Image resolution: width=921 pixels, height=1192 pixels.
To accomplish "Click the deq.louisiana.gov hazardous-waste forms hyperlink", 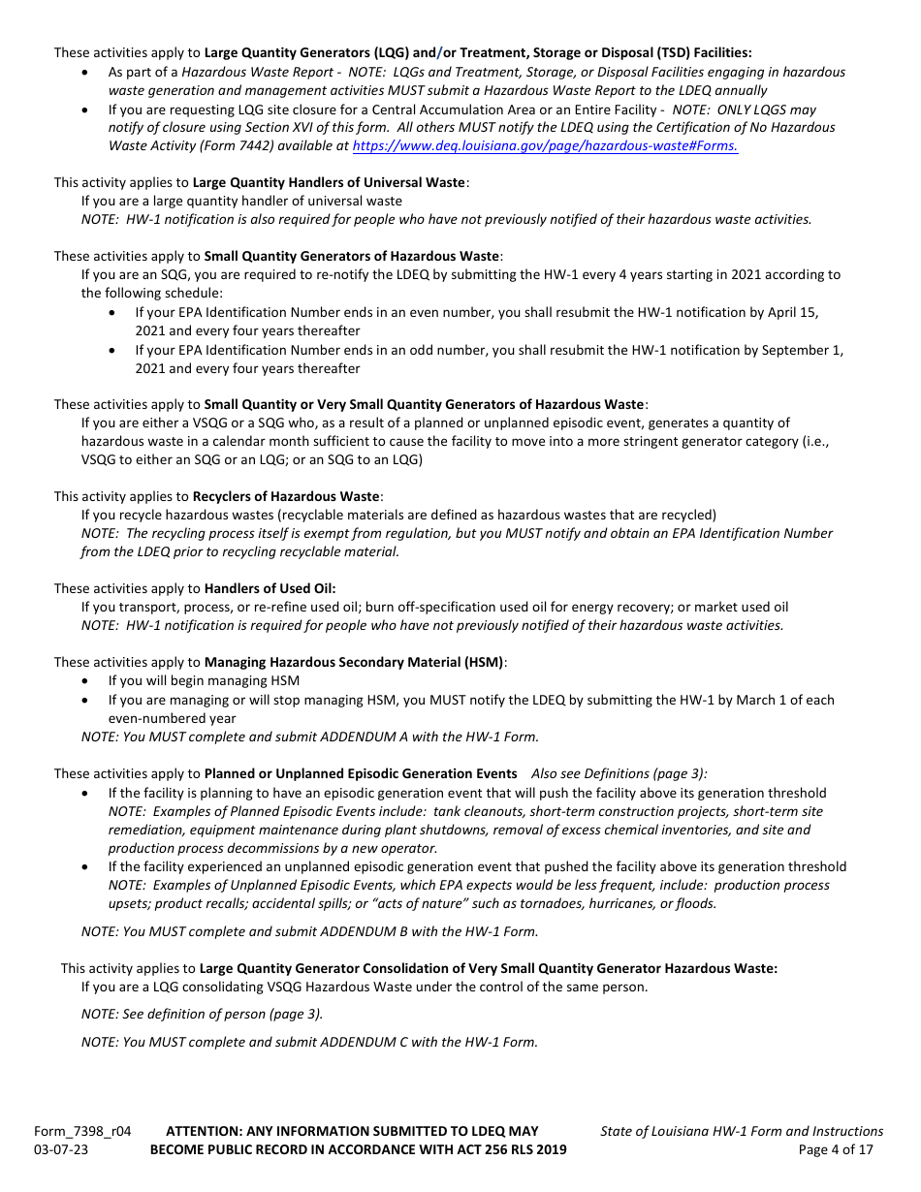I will pos(545,146).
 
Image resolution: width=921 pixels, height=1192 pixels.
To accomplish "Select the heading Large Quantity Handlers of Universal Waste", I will pos(329,182).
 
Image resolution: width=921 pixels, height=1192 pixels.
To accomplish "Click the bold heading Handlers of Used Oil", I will pos(270,588).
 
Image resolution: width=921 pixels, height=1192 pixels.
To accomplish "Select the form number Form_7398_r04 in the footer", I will pos(82,1131).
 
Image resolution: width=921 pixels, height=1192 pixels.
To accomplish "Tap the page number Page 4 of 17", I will pos(841,1149).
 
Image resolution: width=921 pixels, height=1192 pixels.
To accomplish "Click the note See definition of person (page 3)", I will pos(202,1014).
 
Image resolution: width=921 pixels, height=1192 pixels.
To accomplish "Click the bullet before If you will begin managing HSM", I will pos(88,681).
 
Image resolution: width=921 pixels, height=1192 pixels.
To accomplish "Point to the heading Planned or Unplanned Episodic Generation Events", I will pos(360,773).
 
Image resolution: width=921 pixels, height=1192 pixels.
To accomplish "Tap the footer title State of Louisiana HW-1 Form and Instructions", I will pos(742,1131).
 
